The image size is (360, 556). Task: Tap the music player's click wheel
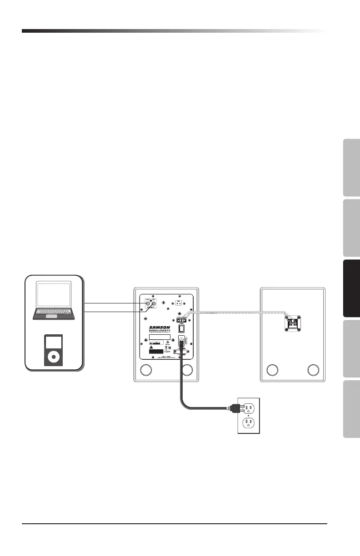54,357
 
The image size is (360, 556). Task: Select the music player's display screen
54,343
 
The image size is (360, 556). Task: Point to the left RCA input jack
148,305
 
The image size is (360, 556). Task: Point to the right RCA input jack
154,305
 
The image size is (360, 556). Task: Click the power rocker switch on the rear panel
182,327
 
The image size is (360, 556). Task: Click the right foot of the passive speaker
313,370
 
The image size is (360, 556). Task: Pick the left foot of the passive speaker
272,370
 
